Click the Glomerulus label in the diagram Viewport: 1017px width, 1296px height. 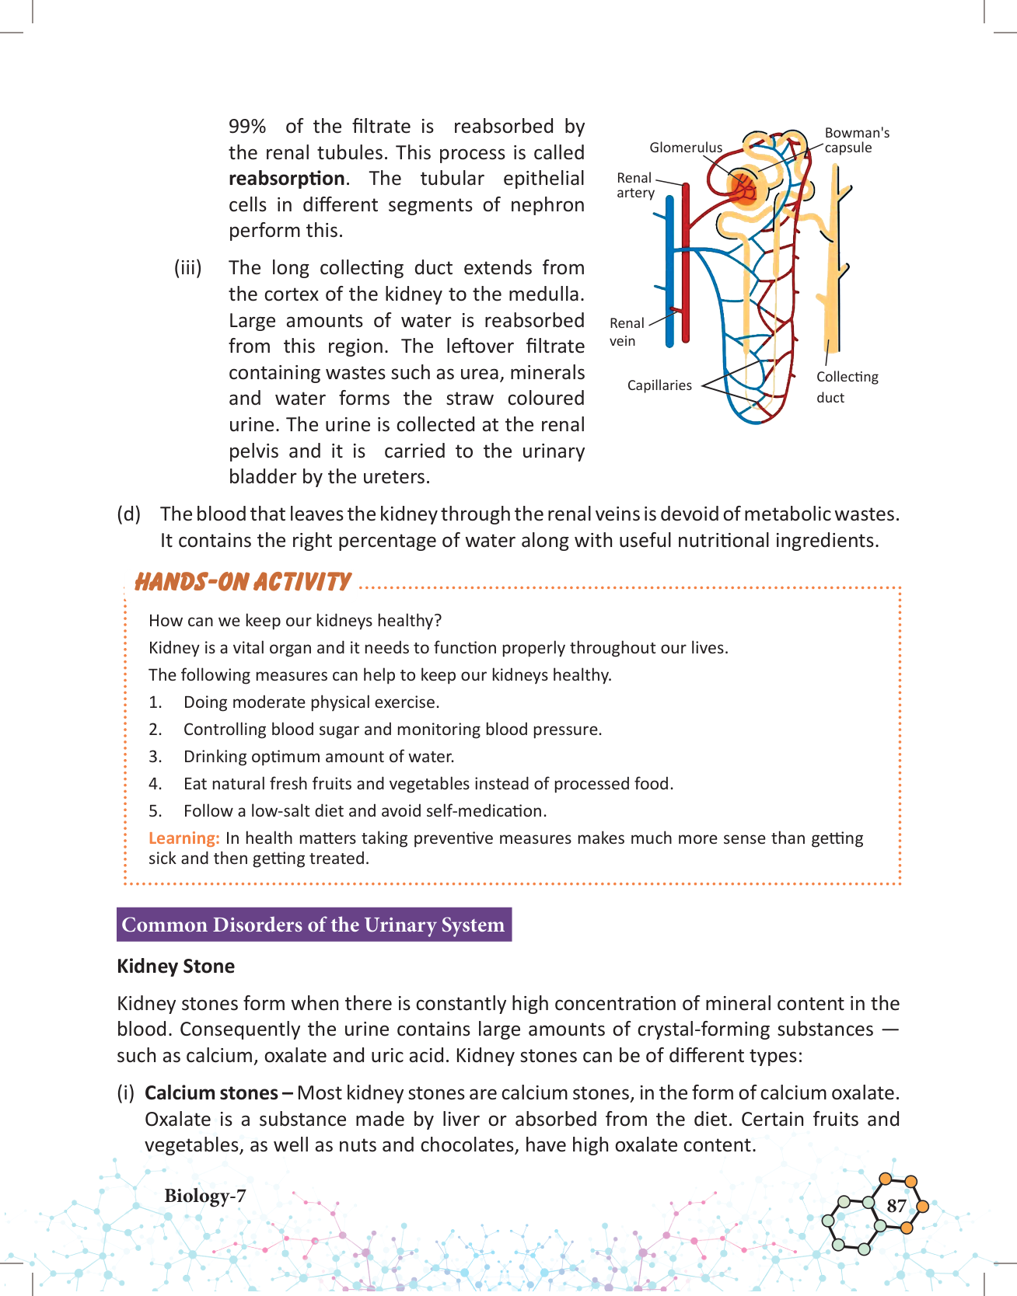click(686, 148)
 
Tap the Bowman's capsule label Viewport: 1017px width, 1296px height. click(857, 140)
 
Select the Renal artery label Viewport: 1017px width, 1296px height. click(635, 185)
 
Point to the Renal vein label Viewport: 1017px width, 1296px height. click(626, 332)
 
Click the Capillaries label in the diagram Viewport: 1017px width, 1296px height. click(659, 385)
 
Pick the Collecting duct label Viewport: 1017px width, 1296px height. click(847, 387)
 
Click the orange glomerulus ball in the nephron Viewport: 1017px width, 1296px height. click(744, 187)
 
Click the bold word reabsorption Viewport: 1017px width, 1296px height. click(286, 179)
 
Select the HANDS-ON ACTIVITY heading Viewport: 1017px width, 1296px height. click(243, 582)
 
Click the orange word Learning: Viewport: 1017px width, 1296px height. click(184, 838)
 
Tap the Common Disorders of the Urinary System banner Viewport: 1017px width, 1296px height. click(313, 925)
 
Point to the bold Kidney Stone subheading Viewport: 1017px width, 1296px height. click(176, 967)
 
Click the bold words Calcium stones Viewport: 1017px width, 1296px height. click(211, 1093)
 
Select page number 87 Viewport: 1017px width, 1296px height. click(896, 1206)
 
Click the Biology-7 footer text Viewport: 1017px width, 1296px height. click(204, 1196)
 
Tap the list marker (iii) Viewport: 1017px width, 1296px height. click(187, 268)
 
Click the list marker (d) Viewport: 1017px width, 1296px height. click(129, 514)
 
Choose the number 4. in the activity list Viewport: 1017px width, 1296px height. click(156, 784)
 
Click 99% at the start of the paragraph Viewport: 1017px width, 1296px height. click(247, 127)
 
